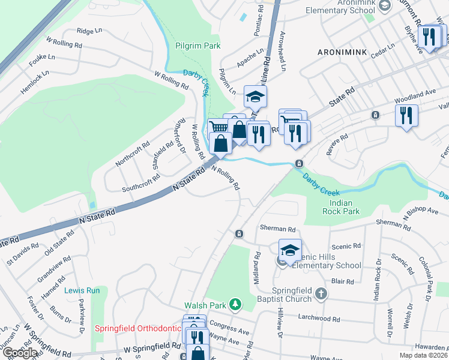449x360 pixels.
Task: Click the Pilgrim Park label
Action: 197,46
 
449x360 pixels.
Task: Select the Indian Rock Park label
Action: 345,207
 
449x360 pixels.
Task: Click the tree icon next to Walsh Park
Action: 236,304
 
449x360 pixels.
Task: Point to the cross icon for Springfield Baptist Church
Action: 321,293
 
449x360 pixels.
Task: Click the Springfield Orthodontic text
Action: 137,329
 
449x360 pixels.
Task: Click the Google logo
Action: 20,353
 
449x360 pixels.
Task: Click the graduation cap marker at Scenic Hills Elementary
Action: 290,250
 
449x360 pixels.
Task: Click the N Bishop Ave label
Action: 421,212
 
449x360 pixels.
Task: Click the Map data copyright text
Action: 423,355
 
